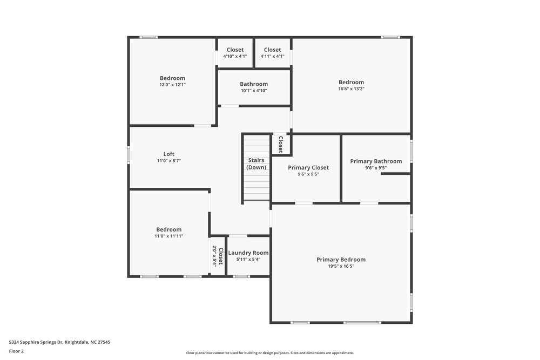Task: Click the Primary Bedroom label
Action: click(x=341, y=260)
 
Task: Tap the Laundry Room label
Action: click(x=248, y=253)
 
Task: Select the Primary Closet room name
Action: click(x=308, y=167)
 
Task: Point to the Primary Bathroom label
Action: click(x=376, y=161)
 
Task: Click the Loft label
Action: click(x=169, y=154)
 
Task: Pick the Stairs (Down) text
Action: click(x=256, y=164)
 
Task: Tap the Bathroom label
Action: click(x=254, y=84)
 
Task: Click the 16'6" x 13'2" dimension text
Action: click(x=351, y=89)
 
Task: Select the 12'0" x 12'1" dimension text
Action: click(x=172, y=85)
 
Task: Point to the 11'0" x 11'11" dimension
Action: click(x=169, y=236)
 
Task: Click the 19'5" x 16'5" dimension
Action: click(x=341, y=266)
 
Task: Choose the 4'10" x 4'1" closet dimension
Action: click(x=235, y=56)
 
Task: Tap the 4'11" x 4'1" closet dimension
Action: click(x=272, y=56)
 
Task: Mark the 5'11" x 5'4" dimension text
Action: click(x=248, y=259)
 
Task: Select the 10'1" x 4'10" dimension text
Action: click(x=254, y=91)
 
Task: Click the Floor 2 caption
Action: click(x=16, y=351)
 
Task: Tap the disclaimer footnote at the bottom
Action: click(x=270, y=353)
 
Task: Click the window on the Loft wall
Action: click(x=129, y=154)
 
